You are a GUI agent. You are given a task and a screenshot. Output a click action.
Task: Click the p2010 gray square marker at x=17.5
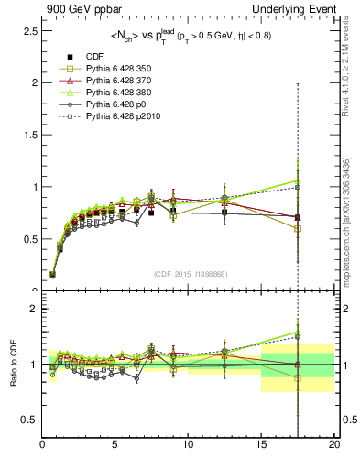(x=298, y=187)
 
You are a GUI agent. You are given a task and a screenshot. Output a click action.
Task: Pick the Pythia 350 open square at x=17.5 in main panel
(x=298, y=228)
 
